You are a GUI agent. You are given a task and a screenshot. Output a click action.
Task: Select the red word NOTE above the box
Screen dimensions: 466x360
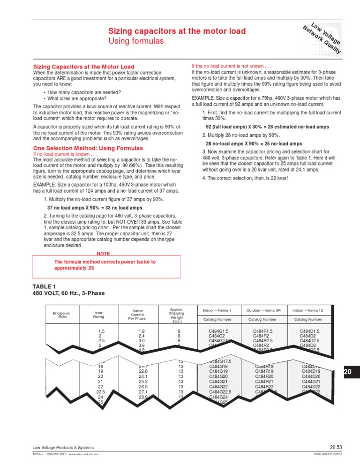(103, 254)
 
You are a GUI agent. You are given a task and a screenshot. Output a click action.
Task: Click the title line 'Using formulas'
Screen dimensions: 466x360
(136, 42)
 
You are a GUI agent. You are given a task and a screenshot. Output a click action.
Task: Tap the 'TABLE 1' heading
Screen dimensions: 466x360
(44, 286)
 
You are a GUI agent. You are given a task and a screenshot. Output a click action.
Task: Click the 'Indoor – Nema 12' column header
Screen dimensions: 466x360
(308, 310)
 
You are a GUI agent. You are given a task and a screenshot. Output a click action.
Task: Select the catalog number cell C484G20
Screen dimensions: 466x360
(218, 376)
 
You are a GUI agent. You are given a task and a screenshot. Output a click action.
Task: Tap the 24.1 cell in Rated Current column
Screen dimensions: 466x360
(138, 376)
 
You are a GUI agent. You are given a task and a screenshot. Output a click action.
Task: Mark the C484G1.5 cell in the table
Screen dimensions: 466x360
(218, 331)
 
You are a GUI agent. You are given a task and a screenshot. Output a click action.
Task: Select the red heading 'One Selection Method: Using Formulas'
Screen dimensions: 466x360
(88, 148)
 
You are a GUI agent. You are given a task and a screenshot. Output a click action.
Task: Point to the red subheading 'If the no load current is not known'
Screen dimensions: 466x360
(232, 67)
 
